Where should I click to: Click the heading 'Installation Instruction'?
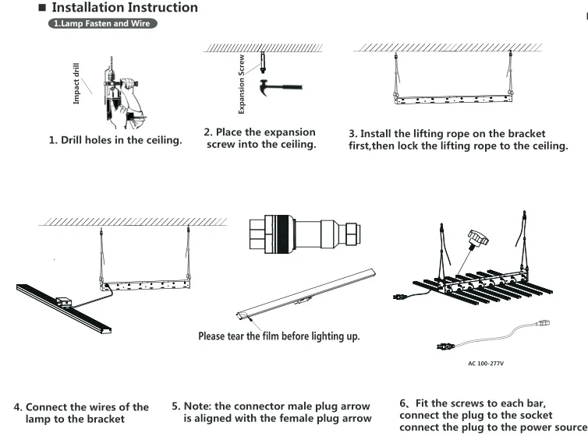[x=124, y=8]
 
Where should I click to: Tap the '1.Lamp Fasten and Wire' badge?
[x=103, y=24]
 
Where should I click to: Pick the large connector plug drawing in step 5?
[x=304, y=232]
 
